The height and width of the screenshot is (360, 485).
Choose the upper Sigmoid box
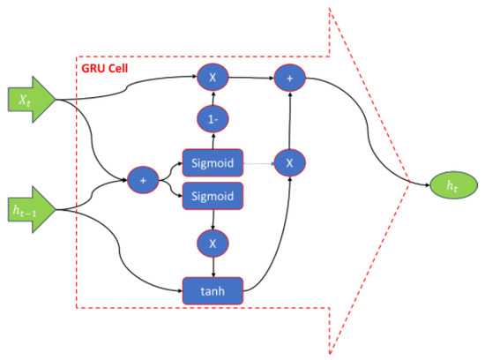pyautogui.click(x=212, y=163)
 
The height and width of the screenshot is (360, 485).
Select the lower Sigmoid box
pyautogui.click(x=212, y=197)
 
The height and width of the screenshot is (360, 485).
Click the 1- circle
pyautogui.click(x=212, y=118)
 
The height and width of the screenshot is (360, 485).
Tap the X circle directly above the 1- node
pyautogui.click(x=212, y=78)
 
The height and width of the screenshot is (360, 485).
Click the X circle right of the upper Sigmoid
pyautogui.click(x=287, y=163)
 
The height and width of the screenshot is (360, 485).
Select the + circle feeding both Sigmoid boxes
pyautogui.click(x=141, y=180)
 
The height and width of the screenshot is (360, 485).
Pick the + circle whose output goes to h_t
pyautogui.click(x=287, y=78)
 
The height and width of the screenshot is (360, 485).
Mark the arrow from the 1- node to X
pyautogui.click(x=212, y=98)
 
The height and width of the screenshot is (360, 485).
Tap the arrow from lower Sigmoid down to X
pyautogui.click(x=212, y=219)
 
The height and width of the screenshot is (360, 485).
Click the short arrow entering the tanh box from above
pyautogui.click(x=212, y=266)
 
